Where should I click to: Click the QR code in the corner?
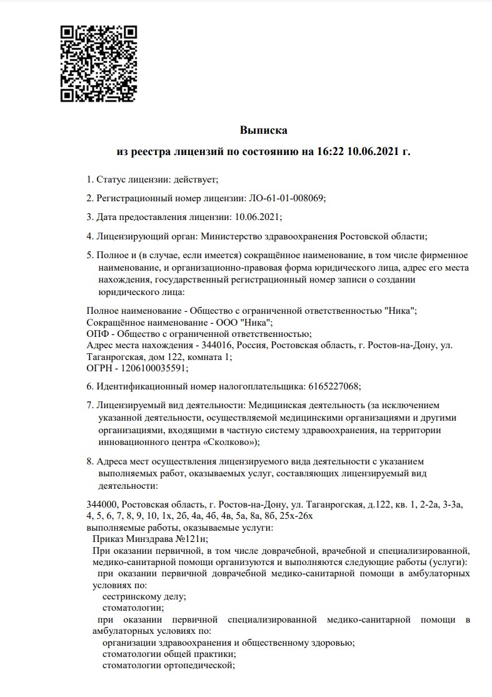tap(98, 63)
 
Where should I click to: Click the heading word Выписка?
tap(263, 131)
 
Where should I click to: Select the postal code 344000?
tap(101, 504)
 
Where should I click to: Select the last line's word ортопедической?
tap(198, 666)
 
